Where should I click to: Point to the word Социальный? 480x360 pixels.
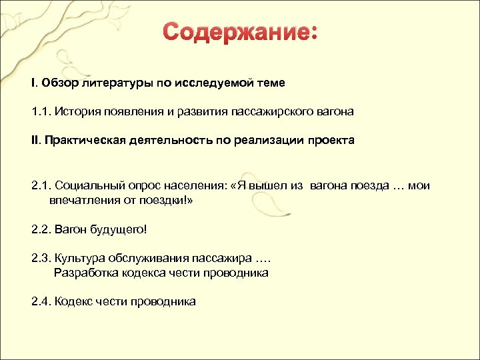(x=87, y=186)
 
